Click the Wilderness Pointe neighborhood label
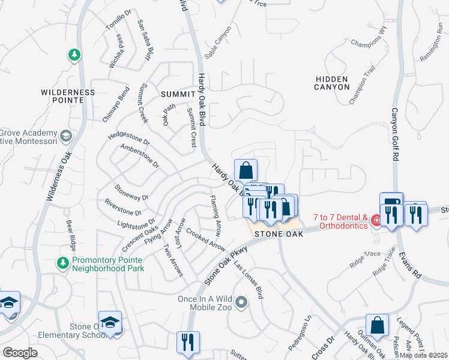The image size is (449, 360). click(68, 97)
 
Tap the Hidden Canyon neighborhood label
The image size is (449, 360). click(331, 83)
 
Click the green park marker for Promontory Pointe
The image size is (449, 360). click(62, 262)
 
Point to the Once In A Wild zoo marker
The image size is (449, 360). click(241, 302)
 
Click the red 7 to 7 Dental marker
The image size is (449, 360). click(376, 221)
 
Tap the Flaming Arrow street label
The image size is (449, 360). click(215, 214)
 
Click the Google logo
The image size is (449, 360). click(20, 353)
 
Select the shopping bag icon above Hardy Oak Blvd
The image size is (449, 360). click(246, 170)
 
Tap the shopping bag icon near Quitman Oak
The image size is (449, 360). click(377, 326)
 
